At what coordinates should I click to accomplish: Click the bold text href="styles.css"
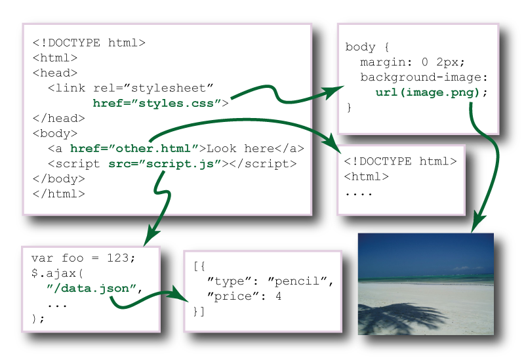point(160,103)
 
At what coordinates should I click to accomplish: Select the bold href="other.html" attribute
point(134,148)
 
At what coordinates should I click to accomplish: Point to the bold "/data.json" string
point(92,289)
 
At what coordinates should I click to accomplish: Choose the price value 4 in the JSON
point(278,296)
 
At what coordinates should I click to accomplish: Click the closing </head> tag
point(59,119)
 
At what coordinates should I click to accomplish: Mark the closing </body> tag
point(59,178)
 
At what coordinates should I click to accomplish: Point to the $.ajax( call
point(58,273)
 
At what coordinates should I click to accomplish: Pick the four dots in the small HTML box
point(359,194)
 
